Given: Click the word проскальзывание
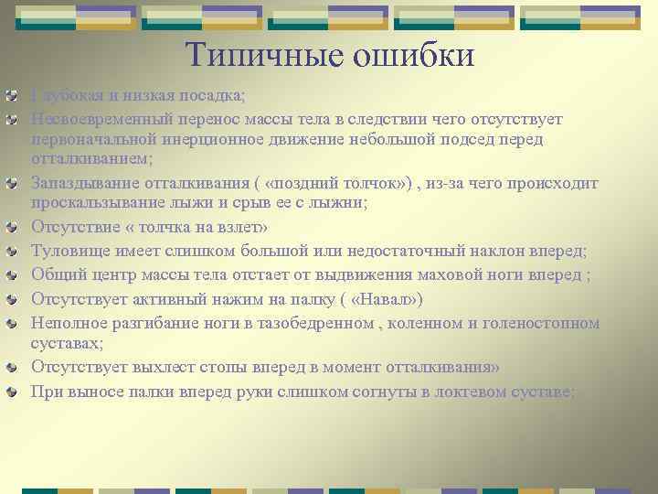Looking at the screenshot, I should click(x=99, y=202).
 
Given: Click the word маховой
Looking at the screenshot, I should click(x=451, y=275).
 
